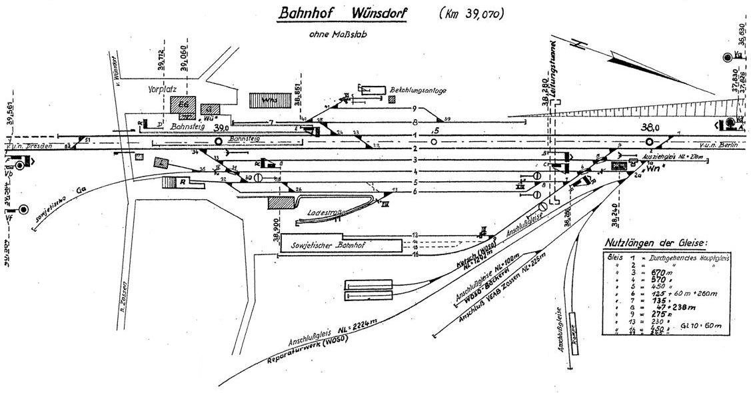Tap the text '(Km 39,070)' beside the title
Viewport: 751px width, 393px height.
tap(470, 13)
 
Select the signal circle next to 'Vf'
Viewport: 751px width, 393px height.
tap(24, 209)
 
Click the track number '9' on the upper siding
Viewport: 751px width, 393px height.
tap(414, 109)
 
